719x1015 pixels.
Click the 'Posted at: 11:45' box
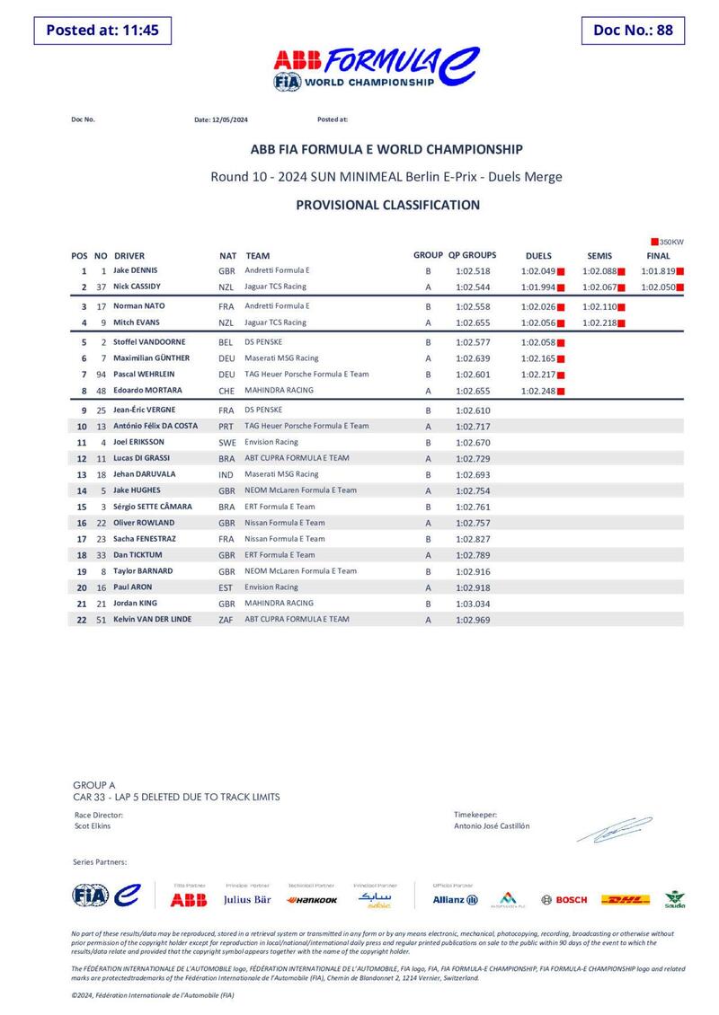click(x=102, y=30)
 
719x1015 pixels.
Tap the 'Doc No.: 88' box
click(x=633, y=30)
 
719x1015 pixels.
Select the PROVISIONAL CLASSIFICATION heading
click(x=387, y=205)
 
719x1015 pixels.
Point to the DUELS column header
click(x=537, y=256)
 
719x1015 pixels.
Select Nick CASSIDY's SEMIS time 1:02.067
click(x=599, y=287)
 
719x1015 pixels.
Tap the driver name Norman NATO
click(x=138, y=306)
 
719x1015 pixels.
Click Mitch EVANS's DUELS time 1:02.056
click(x=537, y=322)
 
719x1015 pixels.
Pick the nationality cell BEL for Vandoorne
click(x=226, y=343)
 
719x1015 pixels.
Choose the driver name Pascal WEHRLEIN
click(x=144, y=375)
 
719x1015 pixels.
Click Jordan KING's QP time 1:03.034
click(x=472, y=604)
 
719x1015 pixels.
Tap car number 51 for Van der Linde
click(x=102, y=620)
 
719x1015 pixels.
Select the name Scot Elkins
click(x=93, y=825)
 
